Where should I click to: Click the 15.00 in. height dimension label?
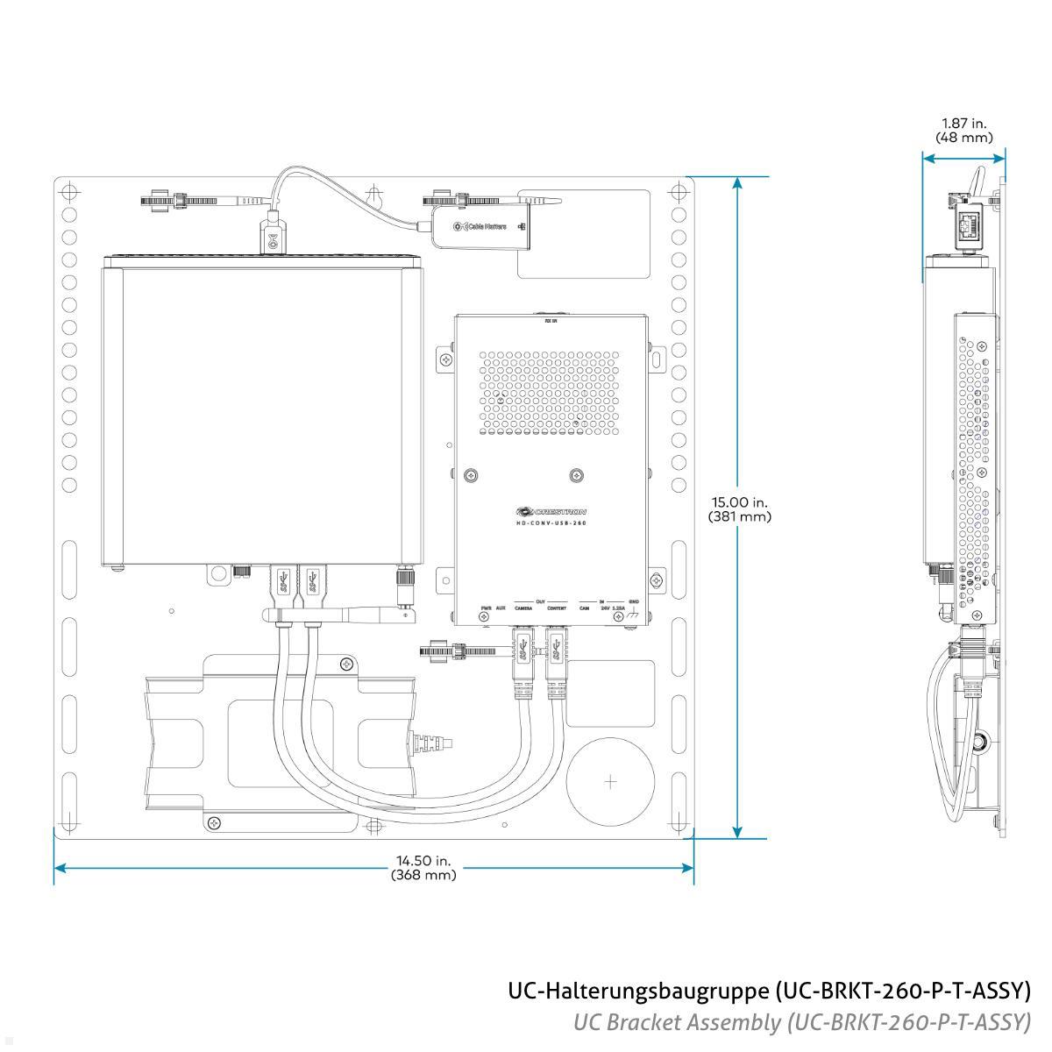[x=739, y=509]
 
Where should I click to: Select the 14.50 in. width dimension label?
[x=423, y=868]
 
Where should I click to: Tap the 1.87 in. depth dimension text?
[x=963, y=131]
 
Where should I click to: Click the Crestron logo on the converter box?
[x=551, y=511]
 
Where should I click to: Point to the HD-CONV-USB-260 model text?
[x=551, y=522]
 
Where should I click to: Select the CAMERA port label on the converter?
[x=523, y=608]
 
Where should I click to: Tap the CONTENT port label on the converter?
[x=556, y=608]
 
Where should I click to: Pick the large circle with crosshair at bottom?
[x=611, y=781]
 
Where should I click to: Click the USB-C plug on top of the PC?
[x=273, y=237]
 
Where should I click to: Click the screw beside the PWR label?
[x=483, y=618]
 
